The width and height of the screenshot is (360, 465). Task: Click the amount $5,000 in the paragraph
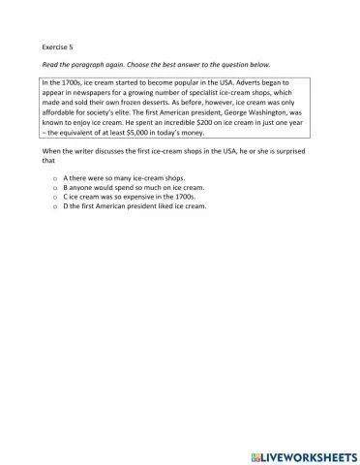click(149, 135)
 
